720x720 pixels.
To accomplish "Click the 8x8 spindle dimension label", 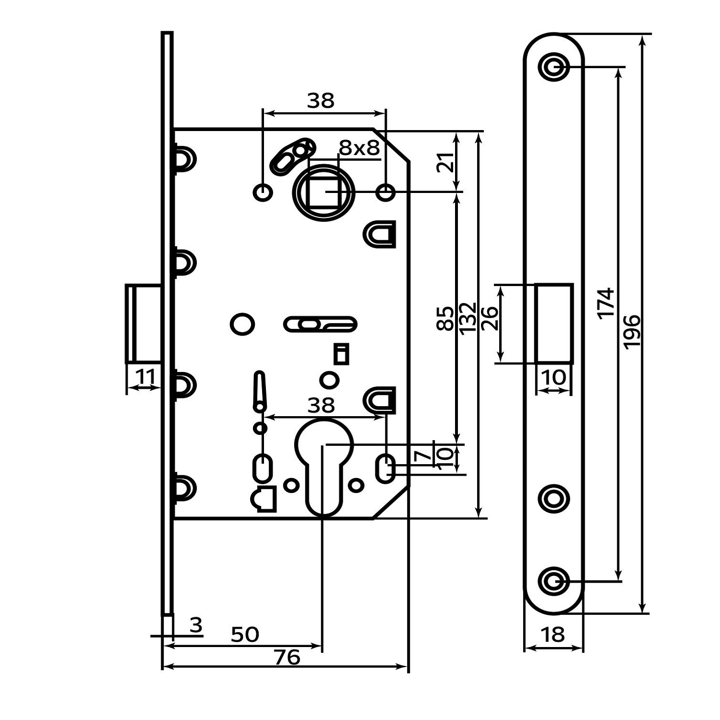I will pyautogui.click(x=359, y=148).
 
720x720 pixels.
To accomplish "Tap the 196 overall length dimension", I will pyautogui.click(x=632, y=331).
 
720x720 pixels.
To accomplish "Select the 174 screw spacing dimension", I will pyautogui.click(x=606, y=302).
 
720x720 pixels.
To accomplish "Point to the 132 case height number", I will pyautogui.click(x=467, y=317).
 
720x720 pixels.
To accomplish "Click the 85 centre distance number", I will pyautogui.click(x=445, y=318).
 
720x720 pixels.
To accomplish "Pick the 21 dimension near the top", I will pyautogui.click(x=445, y=162).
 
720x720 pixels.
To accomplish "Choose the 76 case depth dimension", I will pyautogui.click(x=287, y=657).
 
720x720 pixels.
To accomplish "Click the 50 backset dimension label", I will pyautogui.click(x=245, y=635).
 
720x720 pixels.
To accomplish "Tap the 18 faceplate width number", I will pyautogui.click(x=553, y=635).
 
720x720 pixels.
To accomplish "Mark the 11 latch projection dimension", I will pyautogui.click(x=146, y=377).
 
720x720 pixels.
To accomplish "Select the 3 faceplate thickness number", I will pyautogui.click(x=196, y=625).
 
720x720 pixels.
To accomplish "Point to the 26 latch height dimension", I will pyautogui.click(x=490, y=318).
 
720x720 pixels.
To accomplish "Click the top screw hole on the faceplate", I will pyautogui.click(x=554, y=67).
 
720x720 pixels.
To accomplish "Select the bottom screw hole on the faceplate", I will pyautogui.click(x=554, y=581).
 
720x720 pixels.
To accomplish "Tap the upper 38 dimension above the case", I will pyautogui.click(x=321, y=101).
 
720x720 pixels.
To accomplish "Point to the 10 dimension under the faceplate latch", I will pyautogui.click(x=554, y=377).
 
